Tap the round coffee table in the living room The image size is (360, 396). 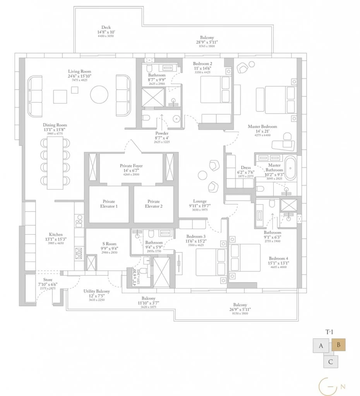pyautogui.click(x=99, y=94)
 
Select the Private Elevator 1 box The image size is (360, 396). pyautogui.click(x=109, y=204)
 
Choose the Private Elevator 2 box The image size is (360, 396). pyautogui.click(x=154, y=204)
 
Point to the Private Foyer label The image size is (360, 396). pyautogui.click(x=131, y=166)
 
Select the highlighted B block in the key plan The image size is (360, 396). pyautogui.click(x=338, y=345)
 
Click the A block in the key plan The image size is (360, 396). pyautogui.click(x=321, y=346)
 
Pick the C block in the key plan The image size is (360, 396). pyautogui.click(x=330, y=362)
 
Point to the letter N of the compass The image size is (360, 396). pyautogui.click(x=343, y=386)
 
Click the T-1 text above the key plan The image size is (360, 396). pyautogui.click(x=329, y=332)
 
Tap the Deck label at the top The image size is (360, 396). pyautogui.click(x=106, y=27)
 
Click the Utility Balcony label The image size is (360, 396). pyautogui.click(x=97, y=291)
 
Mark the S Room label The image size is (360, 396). pyautogui.click(x=109, y=244)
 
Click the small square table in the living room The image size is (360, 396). pyautogui.click(x=75, y=89)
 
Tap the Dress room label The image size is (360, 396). pyautogui.click(x=245, y=168)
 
